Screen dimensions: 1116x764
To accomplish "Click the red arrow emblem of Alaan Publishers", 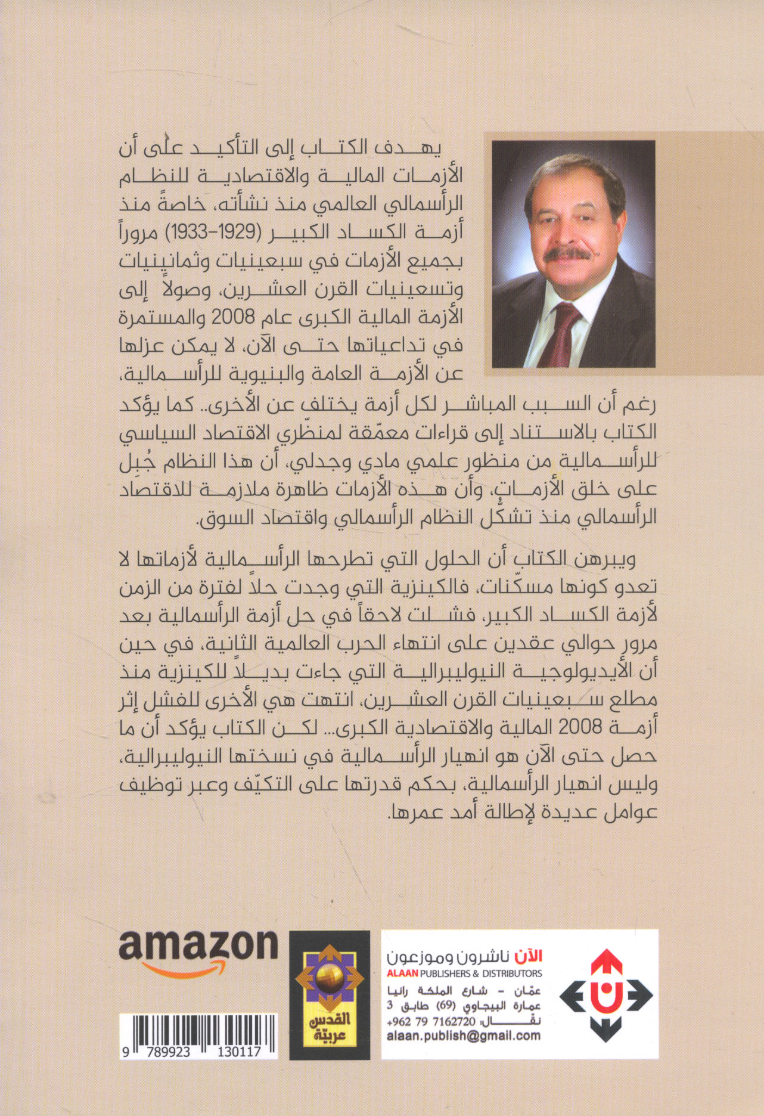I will [x=608, y=993].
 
